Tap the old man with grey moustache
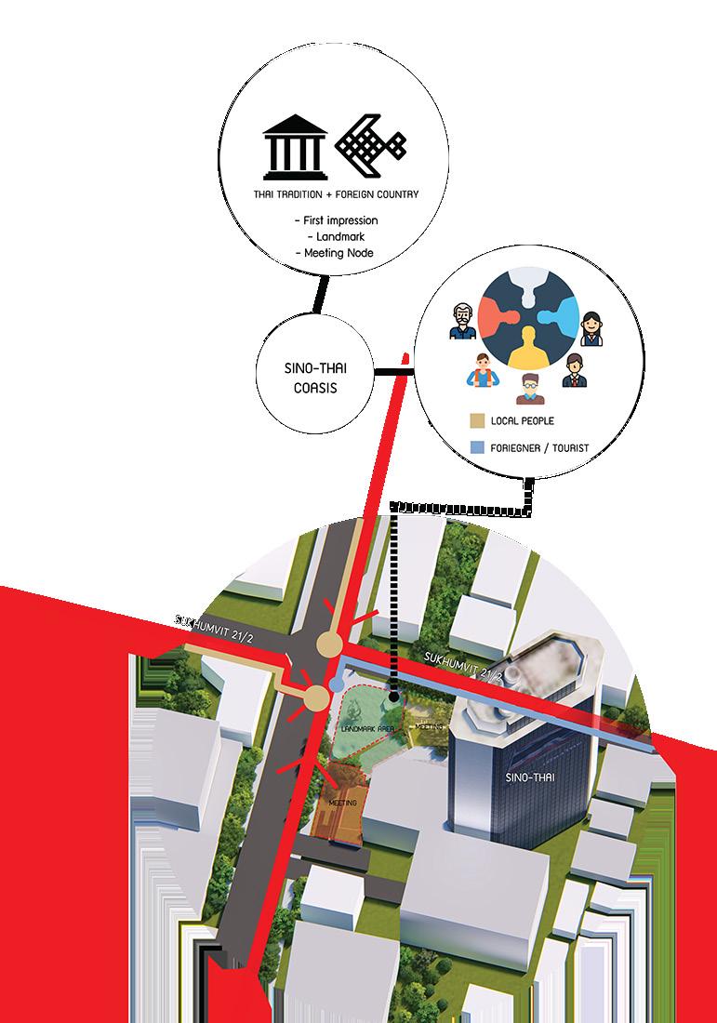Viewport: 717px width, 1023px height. tap(463, 323)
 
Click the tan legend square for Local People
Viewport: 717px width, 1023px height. tap(477, 421)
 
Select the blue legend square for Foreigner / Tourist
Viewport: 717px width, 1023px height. tap(477, 447)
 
